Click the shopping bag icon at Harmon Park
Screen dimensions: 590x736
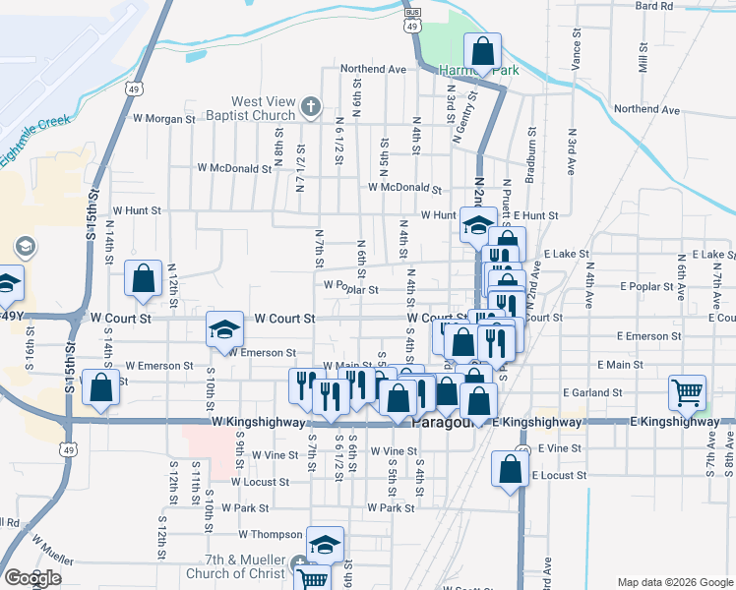click(x=483, y=52)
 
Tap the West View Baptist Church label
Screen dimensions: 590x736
click(x=264, y=108)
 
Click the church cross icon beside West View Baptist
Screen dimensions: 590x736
click(x=310, y=106)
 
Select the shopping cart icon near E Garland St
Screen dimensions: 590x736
click(x=688, y=391)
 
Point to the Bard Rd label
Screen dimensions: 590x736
click(x=653, y=6)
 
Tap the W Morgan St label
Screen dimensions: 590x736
click(x=165, y=119)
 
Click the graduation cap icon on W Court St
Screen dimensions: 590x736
click(x=224, y=329)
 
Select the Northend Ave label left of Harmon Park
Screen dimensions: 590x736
click(x=374, y=70)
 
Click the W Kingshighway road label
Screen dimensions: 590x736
click(x=248, y=421)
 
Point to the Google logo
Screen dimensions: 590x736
click(x=32, y=578)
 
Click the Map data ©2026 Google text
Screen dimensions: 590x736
click(x=675, y=582)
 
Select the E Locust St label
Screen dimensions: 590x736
click(x=559, y=475)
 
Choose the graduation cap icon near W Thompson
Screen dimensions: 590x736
click(x=325, y=544)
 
